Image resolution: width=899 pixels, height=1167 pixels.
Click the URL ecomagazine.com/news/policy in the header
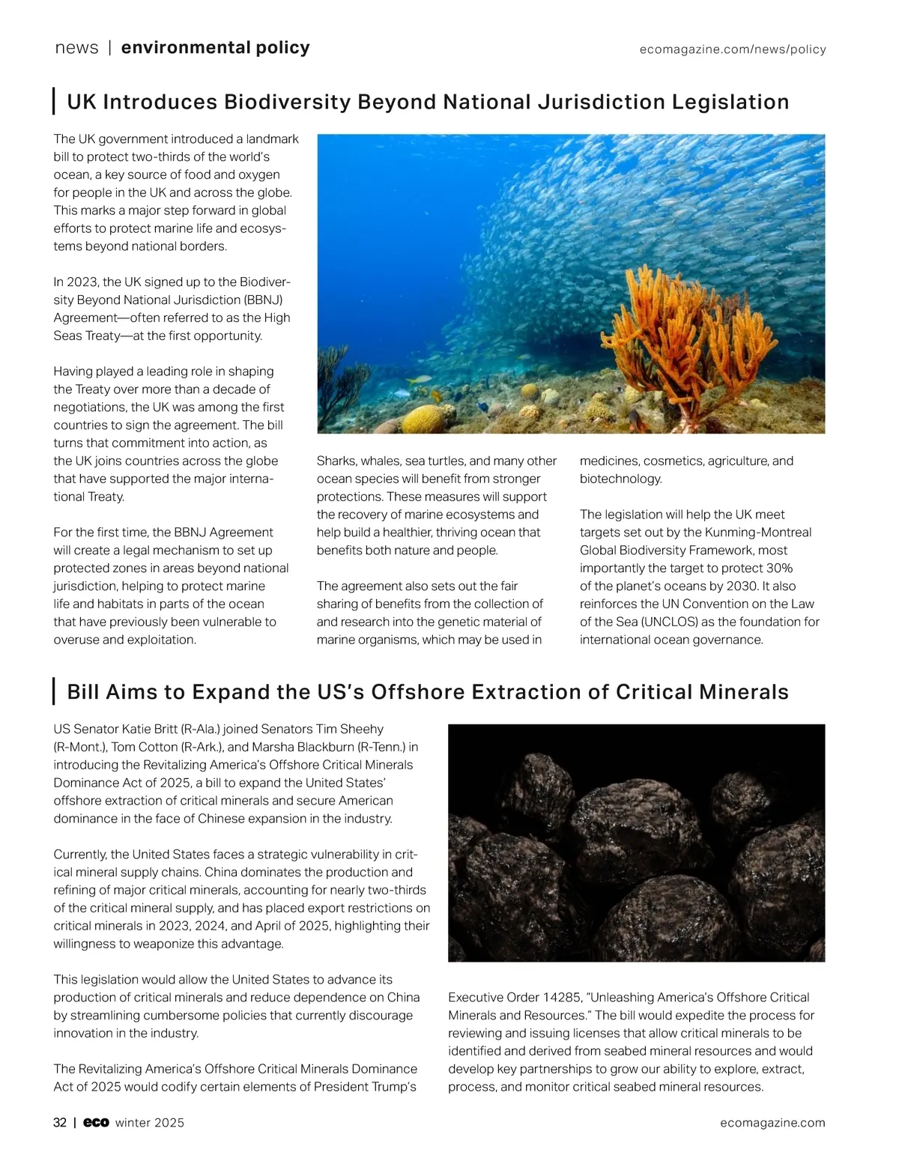click(732, 49)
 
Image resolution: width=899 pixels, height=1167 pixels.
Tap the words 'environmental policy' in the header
click(215, 48)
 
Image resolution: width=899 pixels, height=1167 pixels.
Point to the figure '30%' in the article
click(779, 569)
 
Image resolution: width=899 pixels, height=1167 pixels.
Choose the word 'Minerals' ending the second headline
click(743, 692)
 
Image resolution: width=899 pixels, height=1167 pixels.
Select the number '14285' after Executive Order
click(561, 998)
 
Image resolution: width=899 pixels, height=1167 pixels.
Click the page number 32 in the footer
click(60, 1123)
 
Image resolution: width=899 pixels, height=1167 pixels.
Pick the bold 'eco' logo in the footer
click(96, 1123)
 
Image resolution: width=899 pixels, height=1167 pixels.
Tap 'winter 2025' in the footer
click(150, 1123)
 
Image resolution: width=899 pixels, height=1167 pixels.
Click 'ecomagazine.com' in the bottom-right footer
click(772, 1123)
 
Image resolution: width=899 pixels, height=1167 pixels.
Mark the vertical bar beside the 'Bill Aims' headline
click(55, 691)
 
